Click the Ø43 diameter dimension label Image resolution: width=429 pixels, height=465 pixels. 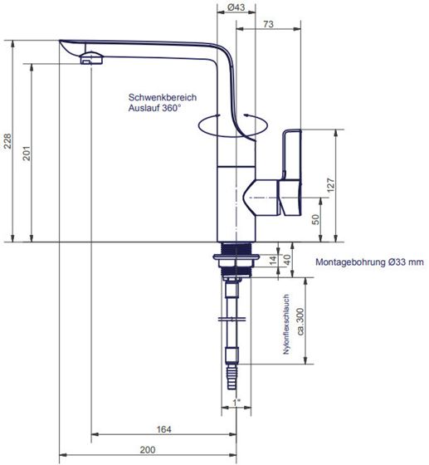click(236, 7)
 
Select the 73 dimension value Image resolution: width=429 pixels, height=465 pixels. click(268, 24)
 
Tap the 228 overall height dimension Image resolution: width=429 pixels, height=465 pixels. click(7, 141)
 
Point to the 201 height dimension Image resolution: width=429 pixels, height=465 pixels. click(27, 153)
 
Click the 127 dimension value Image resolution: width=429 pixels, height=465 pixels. click(330, 185)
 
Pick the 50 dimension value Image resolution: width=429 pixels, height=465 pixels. click(316, 219)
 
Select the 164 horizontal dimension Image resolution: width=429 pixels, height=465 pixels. click(163, 429)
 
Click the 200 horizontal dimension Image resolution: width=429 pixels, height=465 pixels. click(148, 450)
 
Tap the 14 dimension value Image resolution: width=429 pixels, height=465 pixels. click(273, 259)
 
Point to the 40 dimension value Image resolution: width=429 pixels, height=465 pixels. click(287, 260)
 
